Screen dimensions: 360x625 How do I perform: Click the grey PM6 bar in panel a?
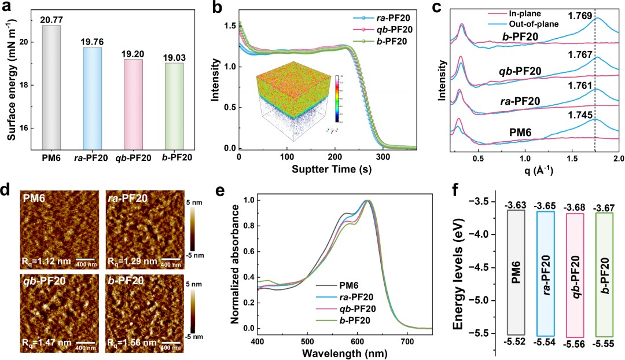[x=51, y=87]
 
